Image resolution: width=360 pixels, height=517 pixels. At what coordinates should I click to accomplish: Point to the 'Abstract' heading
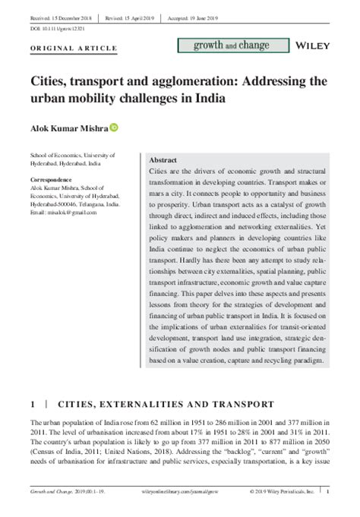pos(163,161)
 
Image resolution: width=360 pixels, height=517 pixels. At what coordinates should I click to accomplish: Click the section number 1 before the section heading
pos(33,402)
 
